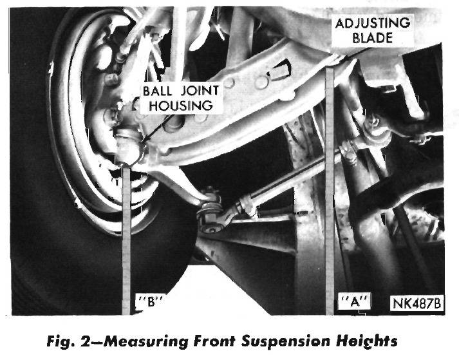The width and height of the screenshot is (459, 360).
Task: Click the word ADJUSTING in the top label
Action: pos(372,23)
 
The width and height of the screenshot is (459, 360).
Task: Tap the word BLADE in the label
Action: pos(372,38)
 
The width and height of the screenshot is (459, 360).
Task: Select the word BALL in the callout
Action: pos(157,91)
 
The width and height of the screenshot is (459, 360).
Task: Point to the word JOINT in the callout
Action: pos(200,91)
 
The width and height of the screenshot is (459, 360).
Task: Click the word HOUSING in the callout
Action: pos(181,106)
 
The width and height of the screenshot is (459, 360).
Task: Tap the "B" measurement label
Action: pos(151,301)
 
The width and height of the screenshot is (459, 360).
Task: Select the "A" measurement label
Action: pos(355,301)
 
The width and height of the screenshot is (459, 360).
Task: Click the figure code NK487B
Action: pos(417,303)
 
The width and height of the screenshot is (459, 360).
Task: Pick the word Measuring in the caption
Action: pos(145,341)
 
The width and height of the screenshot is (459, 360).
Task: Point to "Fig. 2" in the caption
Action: pos(69,341)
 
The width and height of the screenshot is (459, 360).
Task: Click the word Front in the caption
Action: pos(214,341)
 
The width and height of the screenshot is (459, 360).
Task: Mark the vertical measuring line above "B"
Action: pos(126,241)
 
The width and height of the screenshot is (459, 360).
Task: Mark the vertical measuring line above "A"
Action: pos(330,191)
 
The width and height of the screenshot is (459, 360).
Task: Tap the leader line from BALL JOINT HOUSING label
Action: pos(158,128)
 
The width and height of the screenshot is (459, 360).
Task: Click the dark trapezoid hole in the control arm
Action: pos(280,70)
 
